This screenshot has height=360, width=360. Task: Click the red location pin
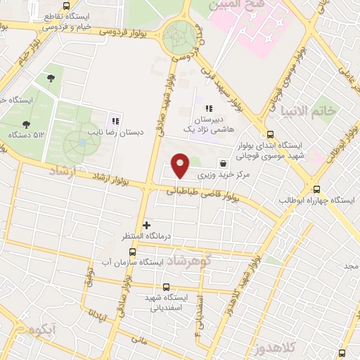point(181,165)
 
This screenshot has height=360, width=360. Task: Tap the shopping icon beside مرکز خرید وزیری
point(223,161)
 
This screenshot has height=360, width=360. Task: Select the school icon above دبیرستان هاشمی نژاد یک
point(209,108)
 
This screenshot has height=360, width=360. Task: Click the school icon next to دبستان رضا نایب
point(116,122)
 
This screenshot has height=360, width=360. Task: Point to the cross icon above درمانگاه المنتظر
point(146,225)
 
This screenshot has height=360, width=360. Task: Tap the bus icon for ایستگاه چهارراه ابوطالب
point(316,189)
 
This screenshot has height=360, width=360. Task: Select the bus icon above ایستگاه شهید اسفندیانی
point(166,286)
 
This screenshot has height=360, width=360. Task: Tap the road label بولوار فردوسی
point(127,32)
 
